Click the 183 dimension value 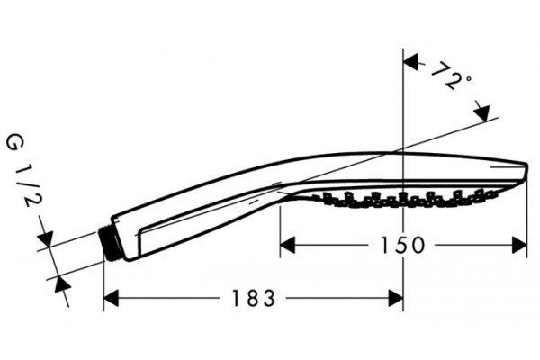[x=254, y=298]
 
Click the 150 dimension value [x=403, y=246]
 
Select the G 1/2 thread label [x=23, y=171]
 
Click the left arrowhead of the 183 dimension [x=111, y=298]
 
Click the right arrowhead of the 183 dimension [x=396, y=298]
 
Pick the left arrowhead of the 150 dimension [x=288, y=246]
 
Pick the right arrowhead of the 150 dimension [x=519, y=246]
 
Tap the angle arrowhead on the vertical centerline [x=410, y=62]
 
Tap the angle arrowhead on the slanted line [x=482, y=111]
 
